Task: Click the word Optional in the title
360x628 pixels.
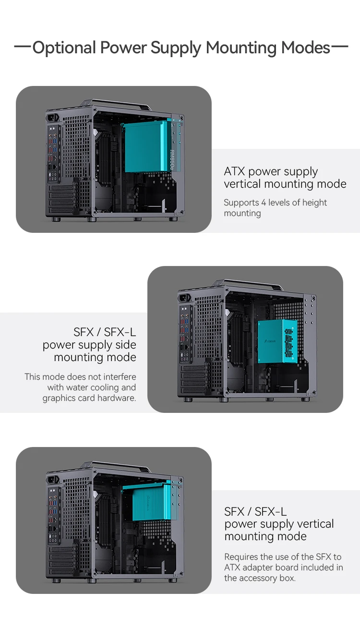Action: (x=64, y=48)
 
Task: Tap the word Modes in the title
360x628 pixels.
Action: (x=306, y=48)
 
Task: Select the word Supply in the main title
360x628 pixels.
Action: (x=176, y=48)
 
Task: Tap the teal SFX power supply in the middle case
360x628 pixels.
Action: (x=277, y=341)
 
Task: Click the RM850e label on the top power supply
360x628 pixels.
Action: (x=172, y=160)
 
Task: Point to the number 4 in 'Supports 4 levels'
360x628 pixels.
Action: (x=264, y=203)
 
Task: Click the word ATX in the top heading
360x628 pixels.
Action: (x=234, y=171)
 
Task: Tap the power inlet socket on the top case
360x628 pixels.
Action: (x=53, y=118)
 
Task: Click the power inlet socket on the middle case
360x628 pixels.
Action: (x=185, y=298)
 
